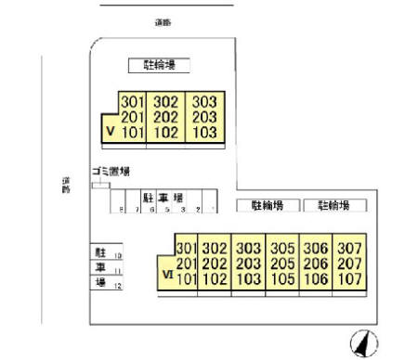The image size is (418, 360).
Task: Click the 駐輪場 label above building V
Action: click(x=159, y=65)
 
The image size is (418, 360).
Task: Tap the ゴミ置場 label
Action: click(x=111, y=172)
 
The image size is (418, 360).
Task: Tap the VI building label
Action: click(x=167, y=276)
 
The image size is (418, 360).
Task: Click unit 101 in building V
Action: click(x=132, y=133)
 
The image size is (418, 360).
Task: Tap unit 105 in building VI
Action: click(x=282, y=277)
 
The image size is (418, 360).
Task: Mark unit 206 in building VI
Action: click(x=316, y=264)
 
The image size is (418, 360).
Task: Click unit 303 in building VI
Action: click(x=248, y=249)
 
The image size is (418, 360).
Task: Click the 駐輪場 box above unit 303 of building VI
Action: click(x=267, y=206)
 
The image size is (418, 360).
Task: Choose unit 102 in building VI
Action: click(x=215, y=277)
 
